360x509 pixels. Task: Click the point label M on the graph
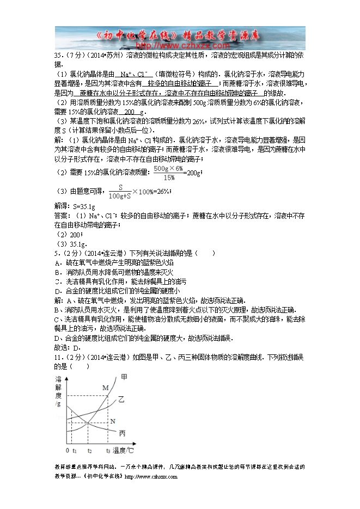pos(106,387)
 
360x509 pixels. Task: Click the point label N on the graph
pos(113,421)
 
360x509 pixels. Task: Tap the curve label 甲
pos(124,377)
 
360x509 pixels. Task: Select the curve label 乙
pos(121,400)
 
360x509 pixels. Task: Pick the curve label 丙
pos(122,433)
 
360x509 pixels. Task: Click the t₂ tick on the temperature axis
pos(89,451)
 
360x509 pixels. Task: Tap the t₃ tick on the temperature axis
pos(108,451)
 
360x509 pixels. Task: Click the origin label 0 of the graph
pos(68,451)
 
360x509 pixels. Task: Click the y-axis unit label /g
pos(58,404)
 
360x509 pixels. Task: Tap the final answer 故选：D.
pos(68,348)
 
